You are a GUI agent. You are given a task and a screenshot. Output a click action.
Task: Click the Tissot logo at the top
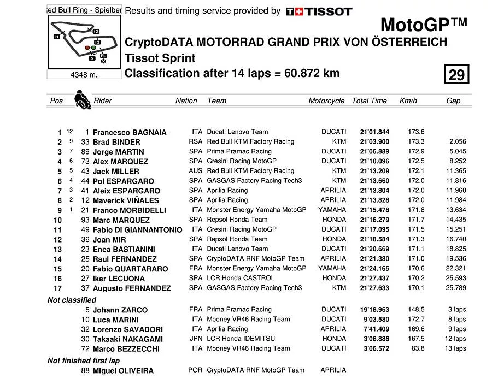[x=319, y=11]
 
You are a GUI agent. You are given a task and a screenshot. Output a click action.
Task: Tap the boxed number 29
[x=456, y=74]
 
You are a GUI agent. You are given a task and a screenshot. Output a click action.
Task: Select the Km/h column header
[x=408, y=101]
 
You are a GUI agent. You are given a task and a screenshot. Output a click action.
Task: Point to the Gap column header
[x=453, y=101]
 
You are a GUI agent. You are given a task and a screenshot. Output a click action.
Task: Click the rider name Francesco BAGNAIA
[x=130, y=132]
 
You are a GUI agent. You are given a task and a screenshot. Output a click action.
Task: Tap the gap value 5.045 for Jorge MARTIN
[x=457, y=151]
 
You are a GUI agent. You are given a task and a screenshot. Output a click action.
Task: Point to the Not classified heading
[x=72, y=300]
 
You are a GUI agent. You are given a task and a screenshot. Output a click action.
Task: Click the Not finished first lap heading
[x=84, y=361]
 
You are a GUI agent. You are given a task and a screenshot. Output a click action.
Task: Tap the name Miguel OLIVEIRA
[x=123, y=371]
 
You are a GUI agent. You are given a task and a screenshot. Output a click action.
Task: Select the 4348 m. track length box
[x=84, y=75]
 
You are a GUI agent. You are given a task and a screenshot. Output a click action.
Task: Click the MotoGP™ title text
[x=423, y=25]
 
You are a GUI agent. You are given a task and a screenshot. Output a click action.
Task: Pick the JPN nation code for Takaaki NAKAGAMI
[x=195, y=339]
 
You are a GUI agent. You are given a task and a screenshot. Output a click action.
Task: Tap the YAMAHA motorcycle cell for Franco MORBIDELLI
[x=332, y=210]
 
